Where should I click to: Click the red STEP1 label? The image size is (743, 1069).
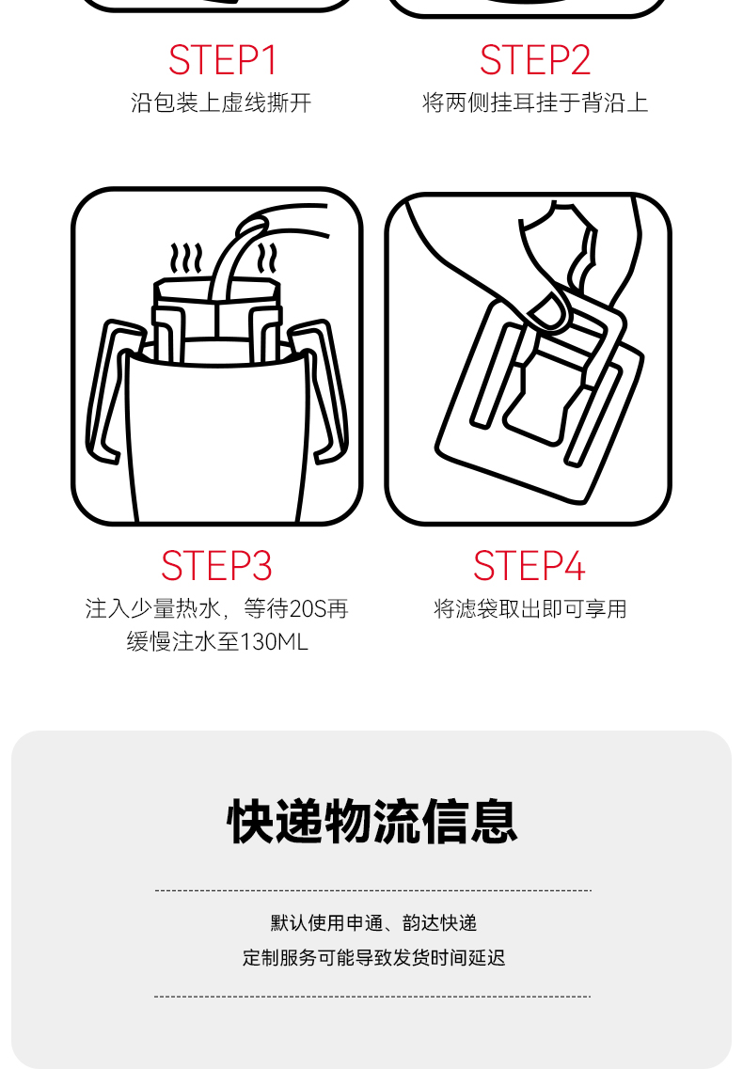pyautogui.click(x=222, y=60)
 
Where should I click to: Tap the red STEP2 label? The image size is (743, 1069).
pyautogui.click(x=535, y=60)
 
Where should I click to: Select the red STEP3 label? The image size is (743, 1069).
pyautogui.click(x=216, y=566)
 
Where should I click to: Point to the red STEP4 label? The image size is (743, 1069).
pyautogui.click(x=529, y=566)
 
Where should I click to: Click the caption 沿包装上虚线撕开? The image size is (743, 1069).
pyautogui.click(x=221, y=102)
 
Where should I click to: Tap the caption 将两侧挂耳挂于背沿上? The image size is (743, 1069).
pyautogui.click(x=535, y=102)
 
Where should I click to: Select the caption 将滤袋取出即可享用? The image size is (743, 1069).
pyautogui.click(x=530, y=609)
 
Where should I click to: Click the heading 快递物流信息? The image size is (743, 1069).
pyautogui.click(x=371, y=823)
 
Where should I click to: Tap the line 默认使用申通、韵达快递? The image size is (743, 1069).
pyautogui.click(x=373, y=923)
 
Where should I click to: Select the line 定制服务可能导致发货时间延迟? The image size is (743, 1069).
pyautogui.click(x=374, y=958)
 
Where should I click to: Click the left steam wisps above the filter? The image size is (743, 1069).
pyautogui.click(x=186, y=259)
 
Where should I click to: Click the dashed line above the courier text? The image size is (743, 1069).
pyautogui.click(x=373, y=890)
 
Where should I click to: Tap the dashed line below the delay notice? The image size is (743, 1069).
pyautogui.click(x=372, y=997)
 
